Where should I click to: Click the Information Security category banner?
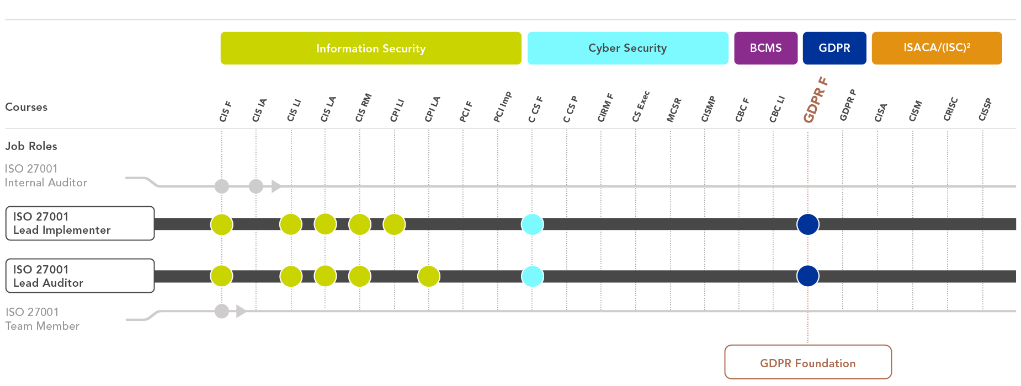(x=371, y=49)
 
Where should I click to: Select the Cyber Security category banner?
(x=628, y=49)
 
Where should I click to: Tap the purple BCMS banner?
(x=765, y=49)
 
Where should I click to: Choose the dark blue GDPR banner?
(x=834, y=49)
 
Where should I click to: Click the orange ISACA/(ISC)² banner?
(x=937, y=49)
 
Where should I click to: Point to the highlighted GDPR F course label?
(x=815, y=100)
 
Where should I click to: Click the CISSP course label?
(x=985, y=109)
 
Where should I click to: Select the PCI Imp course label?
(x=502, y=106)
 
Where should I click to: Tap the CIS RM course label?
(x=363, y=108)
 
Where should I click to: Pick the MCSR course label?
(x=674, y=110)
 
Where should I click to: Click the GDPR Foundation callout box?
(x=808, y=362)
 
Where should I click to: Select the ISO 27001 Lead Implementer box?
(x=80, y=223)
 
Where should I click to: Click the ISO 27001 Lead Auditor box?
(x=80, y=276)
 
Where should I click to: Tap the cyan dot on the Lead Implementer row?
(x=533, y=224)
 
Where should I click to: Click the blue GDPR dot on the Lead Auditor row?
(x=808, y=276)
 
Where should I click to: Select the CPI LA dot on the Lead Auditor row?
(x=429, y=276)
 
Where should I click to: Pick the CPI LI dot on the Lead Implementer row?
(x=394, y=224)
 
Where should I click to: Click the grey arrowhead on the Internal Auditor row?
(x=276, y=186)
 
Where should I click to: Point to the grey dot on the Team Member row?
(x=222, y=312)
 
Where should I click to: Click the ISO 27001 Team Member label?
(x=42, y=319)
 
